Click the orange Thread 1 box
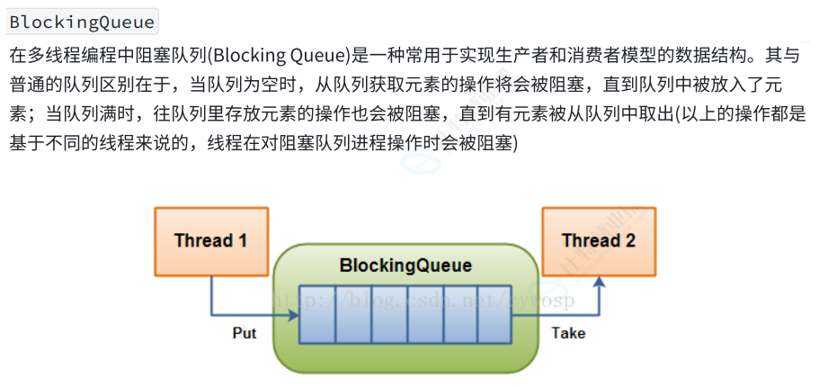(x=210, y=241)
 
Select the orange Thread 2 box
(x=598, y=241)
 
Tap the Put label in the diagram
(x=245, y=334)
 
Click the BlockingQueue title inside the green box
(x=405, y=266)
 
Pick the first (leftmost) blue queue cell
(x=316, y=315)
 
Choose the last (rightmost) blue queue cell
(x=494, y=315)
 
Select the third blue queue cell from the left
(x=387, y=315)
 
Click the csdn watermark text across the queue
(x=423, y=300)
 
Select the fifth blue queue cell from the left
(x=458, y=315)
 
